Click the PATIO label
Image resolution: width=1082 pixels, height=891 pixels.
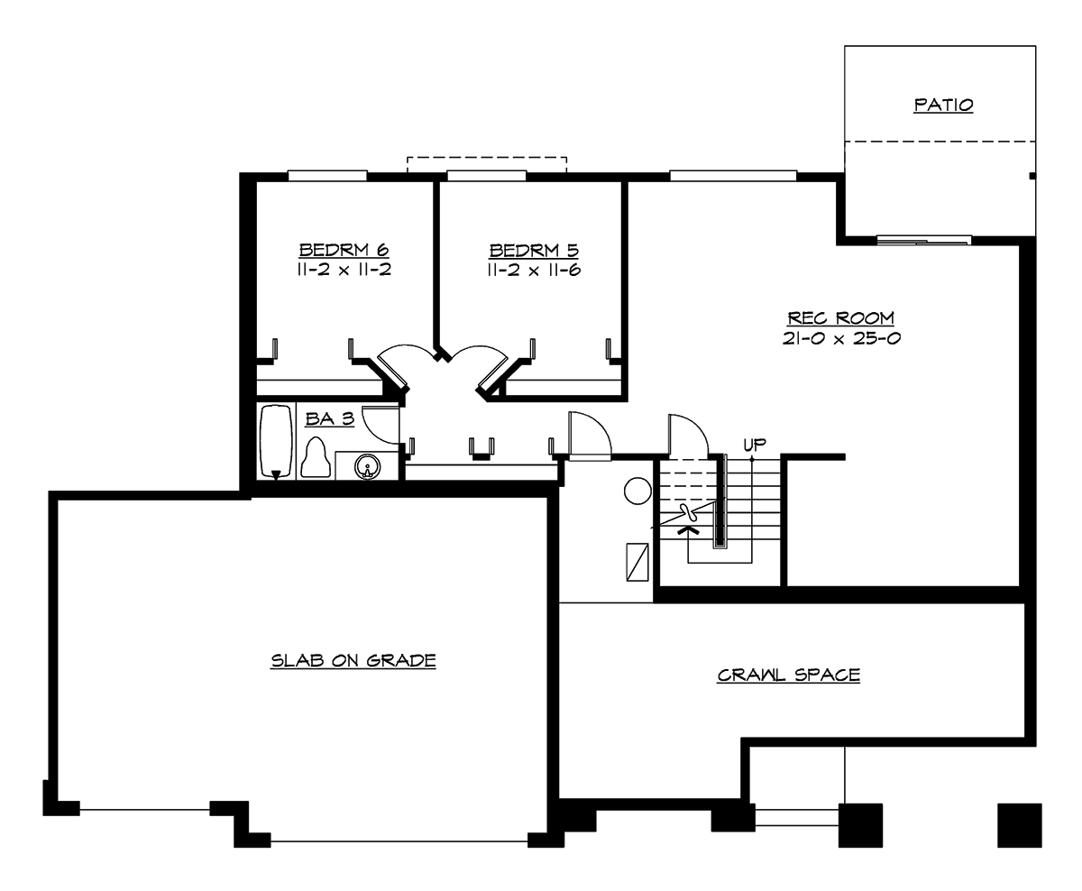(x=943, y=105)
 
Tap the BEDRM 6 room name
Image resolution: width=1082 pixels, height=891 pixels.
(x=344, y=249)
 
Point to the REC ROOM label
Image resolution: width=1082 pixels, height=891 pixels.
(x=840, y=317)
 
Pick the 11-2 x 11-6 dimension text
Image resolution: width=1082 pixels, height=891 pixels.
(x=534, y=269)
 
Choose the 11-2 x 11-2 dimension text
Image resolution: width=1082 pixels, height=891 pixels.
(x=344, y=269)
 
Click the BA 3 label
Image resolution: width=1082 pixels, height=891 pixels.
(x=329, y=419)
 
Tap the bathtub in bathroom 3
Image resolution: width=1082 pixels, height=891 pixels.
(x=276, y=443)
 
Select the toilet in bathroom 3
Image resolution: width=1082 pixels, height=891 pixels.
(x=315, y=457)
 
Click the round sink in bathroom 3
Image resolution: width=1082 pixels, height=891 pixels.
(x=367, y=466)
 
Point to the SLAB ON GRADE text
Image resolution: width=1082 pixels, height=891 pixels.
(x=353, y=661)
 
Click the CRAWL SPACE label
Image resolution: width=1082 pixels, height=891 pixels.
(x=788, y=675)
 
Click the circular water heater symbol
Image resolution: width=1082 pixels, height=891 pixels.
(x=637, y=491)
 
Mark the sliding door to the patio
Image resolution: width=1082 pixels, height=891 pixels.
(x=924, y=240)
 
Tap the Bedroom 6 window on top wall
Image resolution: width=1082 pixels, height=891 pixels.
(x=327, y=175)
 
